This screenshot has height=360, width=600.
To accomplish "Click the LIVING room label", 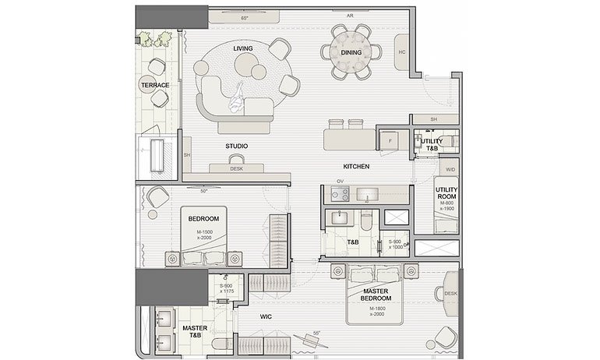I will tap(242, 48).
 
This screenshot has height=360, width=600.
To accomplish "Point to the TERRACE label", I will tap(154, 85).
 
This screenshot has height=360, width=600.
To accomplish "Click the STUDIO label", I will tap(237, 146).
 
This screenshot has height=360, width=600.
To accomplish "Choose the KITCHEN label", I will tap(355, 167).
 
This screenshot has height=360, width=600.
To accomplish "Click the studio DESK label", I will tap(237, 168).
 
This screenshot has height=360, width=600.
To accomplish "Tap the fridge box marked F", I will tap(389, 140).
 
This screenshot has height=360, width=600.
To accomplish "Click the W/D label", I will tap(450, 169).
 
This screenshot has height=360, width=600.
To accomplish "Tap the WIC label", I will tap(266, 317).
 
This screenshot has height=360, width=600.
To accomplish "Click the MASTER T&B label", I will tap(195, 333).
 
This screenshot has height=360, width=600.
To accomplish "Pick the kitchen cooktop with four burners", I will tap(340, 194).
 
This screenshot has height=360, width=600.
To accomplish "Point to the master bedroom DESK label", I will tap(450, 293).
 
